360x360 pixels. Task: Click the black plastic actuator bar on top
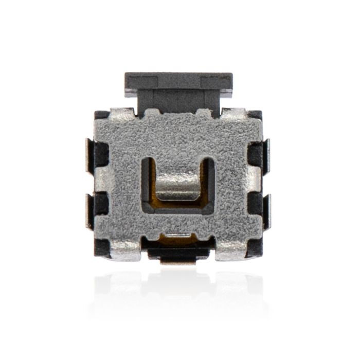tap(178, 82)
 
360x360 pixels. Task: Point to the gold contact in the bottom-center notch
tap(177, 237)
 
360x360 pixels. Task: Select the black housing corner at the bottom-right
tap(256, 249)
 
